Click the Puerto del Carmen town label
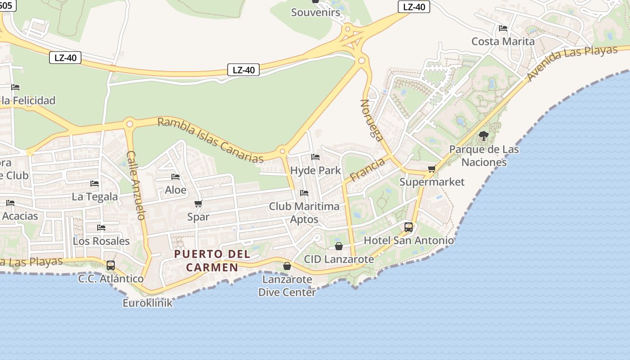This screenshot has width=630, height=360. [x=212, y=261]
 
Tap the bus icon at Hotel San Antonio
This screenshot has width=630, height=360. [x=409, y=227]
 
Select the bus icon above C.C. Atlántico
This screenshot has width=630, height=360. [x=111, y=265]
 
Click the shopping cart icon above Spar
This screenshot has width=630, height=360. [x=198, y=204]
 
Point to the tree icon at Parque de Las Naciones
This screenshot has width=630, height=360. [x=484, y=135]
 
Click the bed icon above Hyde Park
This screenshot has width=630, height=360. [x=315, y=157]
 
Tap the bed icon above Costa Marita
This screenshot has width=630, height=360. [x=503, y=28]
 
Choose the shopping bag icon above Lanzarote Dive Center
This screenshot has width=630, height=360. [x=287, y=266]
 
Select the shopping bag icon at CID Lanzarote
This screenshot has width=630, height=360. [x=339, y=246]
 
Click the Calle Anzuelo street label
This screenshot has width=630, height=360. [x=136, y=185]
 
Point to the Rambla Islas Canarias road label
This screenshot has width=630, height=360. [x=211, y=140]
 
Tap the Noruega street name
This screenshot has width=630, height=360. [x=372, y=120]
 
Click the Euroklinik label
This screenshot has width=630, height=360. [x=148, y=303]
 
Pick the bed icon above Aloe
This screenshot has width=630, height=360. [x=175, y=177]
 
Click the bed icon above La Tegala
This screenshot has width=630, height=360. [x=94, y=184]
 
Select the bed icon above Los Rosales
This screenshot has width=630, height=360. [x=101, y=228]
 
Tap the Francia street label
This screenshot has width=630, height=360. [x=367, y=170]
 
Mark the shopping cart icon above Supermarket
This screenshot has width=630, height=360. [x=432, y=169]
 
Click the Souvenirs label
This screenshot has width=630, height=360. [x=315, y=12]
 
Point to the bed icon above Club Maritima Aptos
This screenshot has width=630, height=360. [x=304, y=193]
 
